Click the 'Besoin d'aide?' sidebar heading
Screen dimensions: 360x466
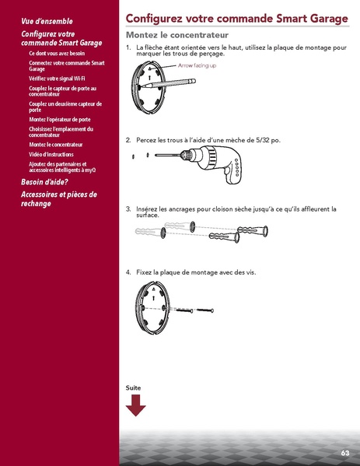pyautogui.click(x=48, y=182)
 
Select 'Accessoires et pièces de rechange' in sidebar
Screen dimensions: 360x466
pyautogui.click(x=58, y=198)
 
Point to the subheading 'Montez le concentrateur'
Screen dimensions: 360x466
pyautogui.click(x=177, y=37)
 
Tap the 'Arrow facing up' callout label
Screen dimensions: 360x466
pyautogui.click(x=197, y=66)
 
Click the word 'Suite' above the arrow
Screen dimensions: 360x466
pyautogui.click(x=134, y=387)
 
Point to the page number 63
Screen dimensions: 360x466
pyautogui.click(x=344, y=453)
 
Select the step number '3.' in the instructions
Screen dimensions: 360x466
pyautogui.click(x=128, y=208)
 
